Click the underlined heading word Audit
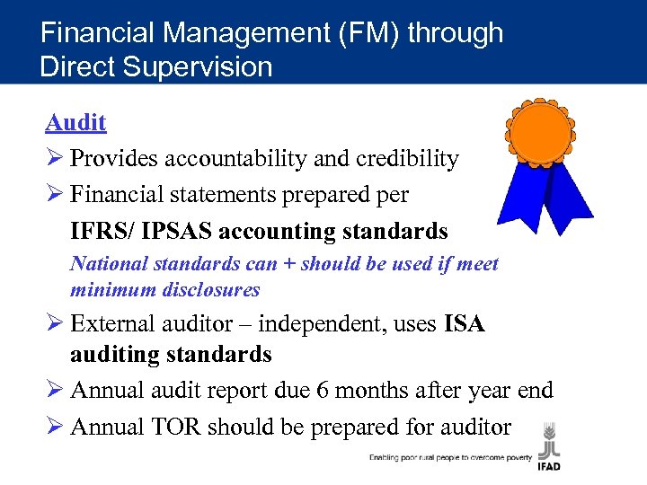75,123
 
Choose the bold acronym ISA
464,323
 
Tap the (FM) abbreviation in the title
367,33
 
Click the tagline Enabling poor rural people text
450,457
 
